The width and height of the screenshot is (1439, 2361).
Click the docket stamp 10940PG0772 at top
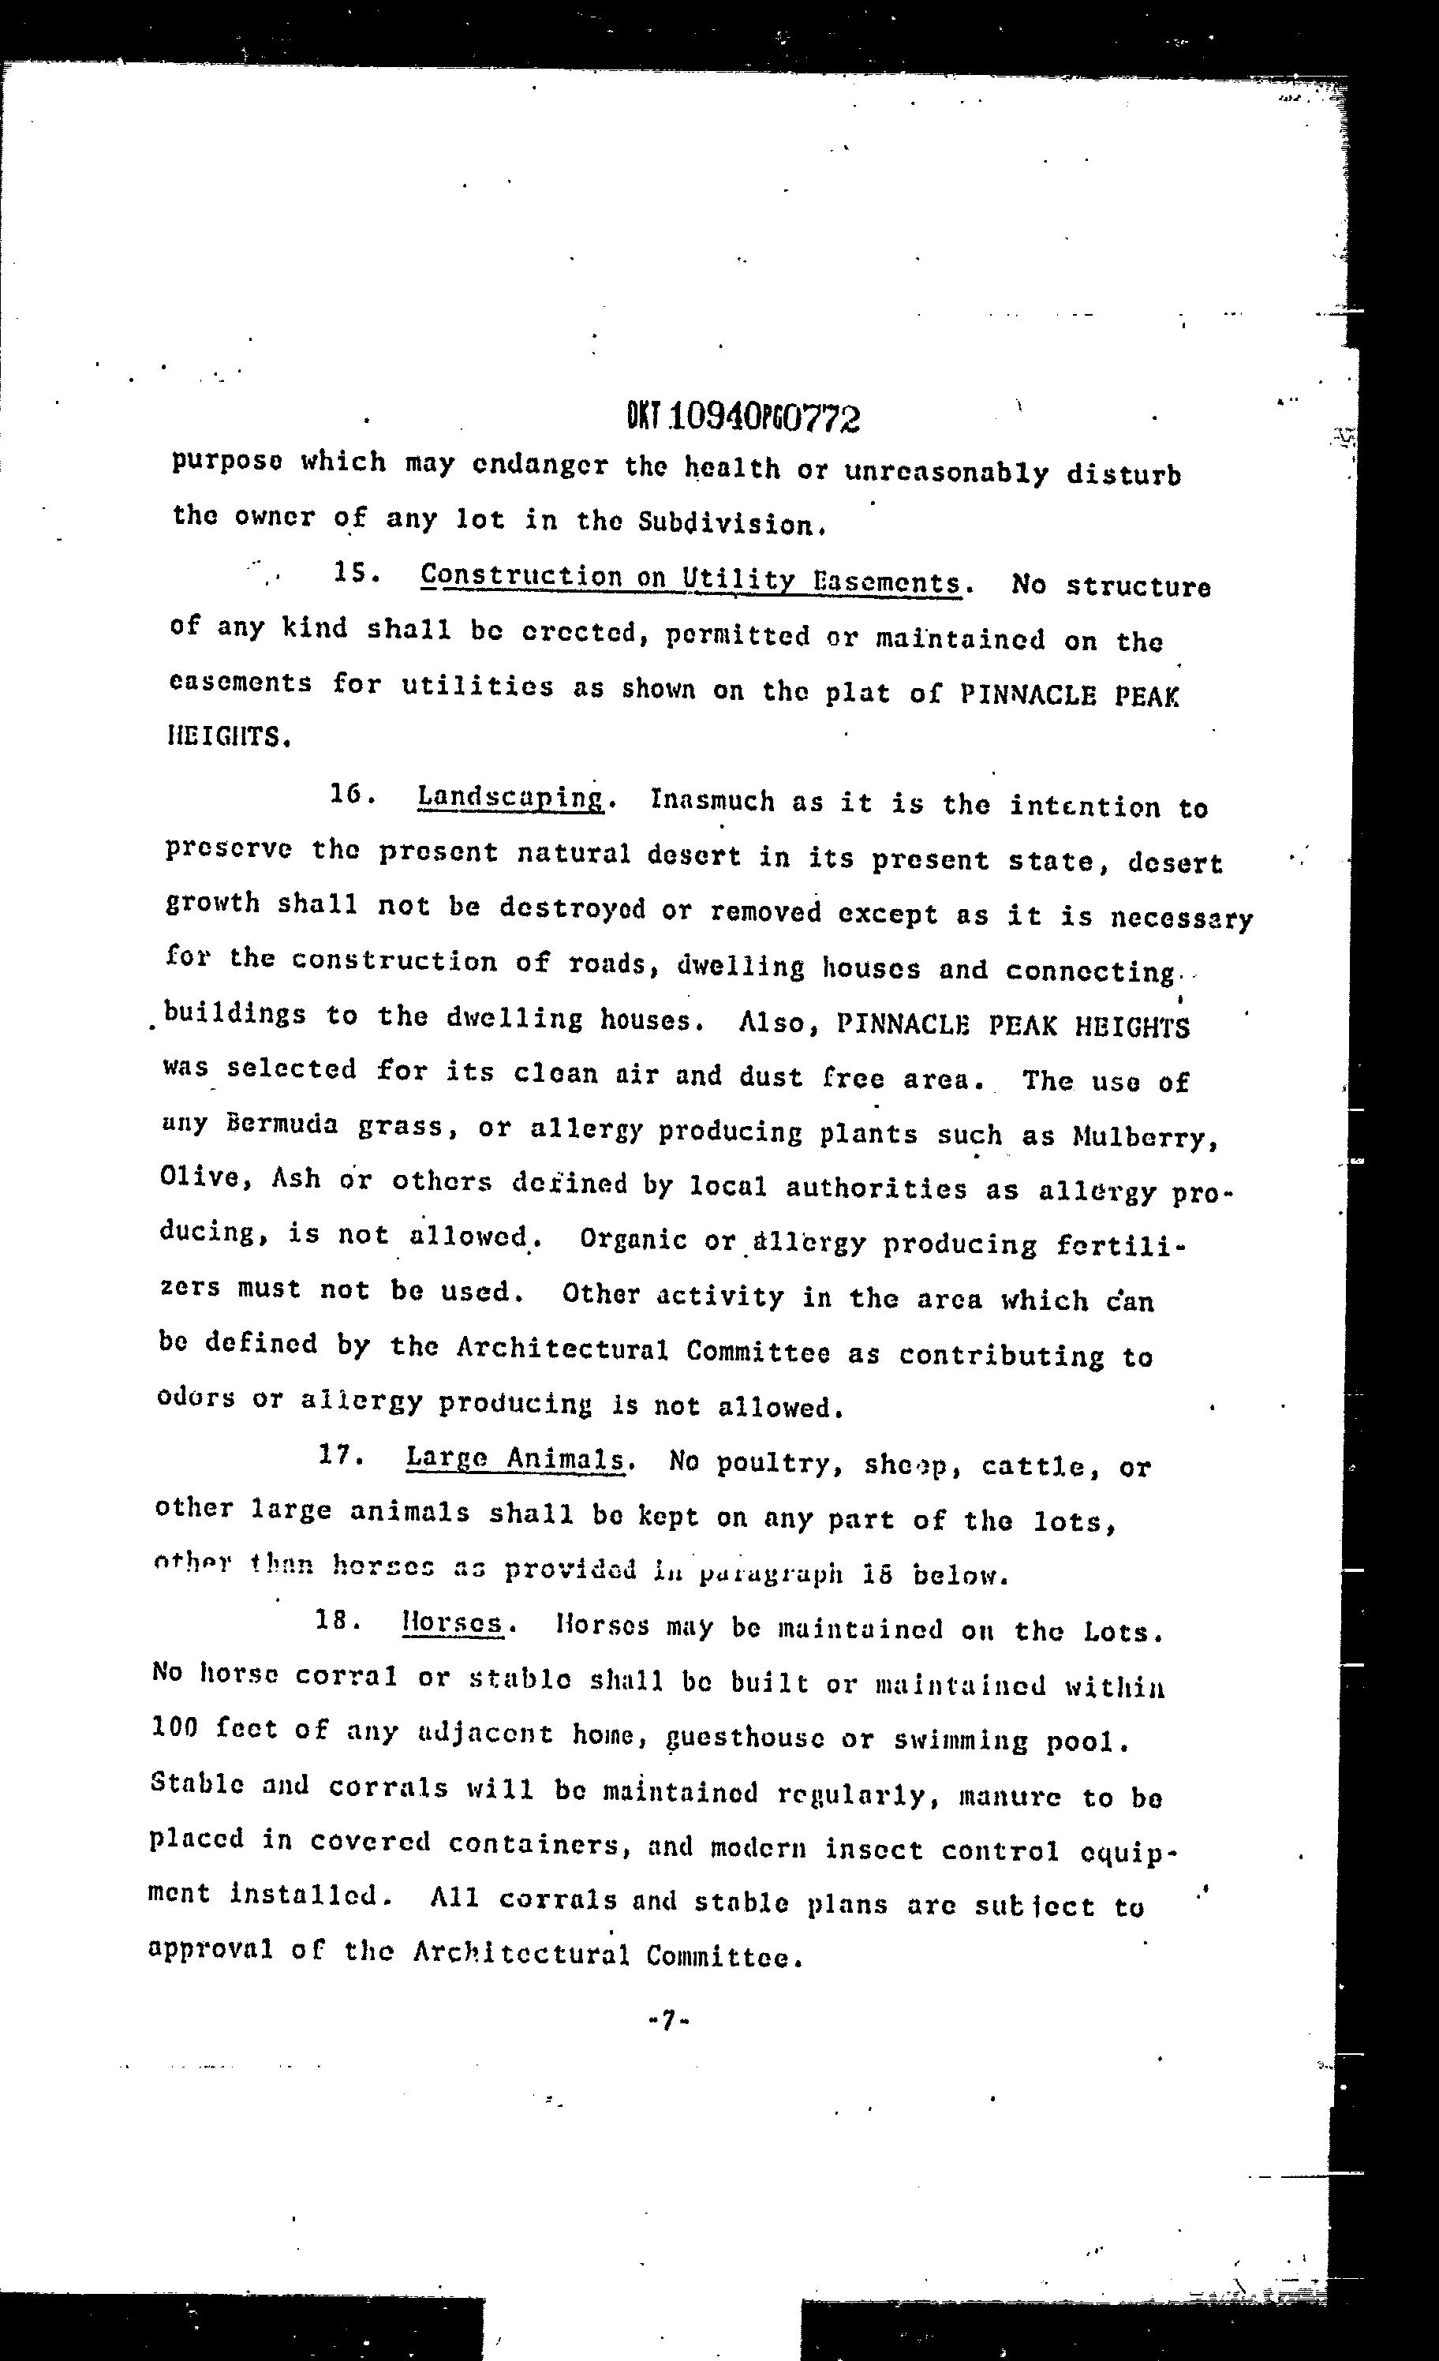[743, 417]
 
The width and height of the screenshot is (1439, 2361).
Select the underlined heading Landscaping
[510, 797]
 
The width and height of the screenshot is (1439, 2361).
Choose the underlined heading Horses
[452, 1622]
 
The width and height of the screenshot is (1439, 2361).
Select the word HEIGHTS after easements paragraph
[227, 737]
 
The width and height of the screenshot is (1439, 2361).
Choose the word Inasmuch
[712, 800]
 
